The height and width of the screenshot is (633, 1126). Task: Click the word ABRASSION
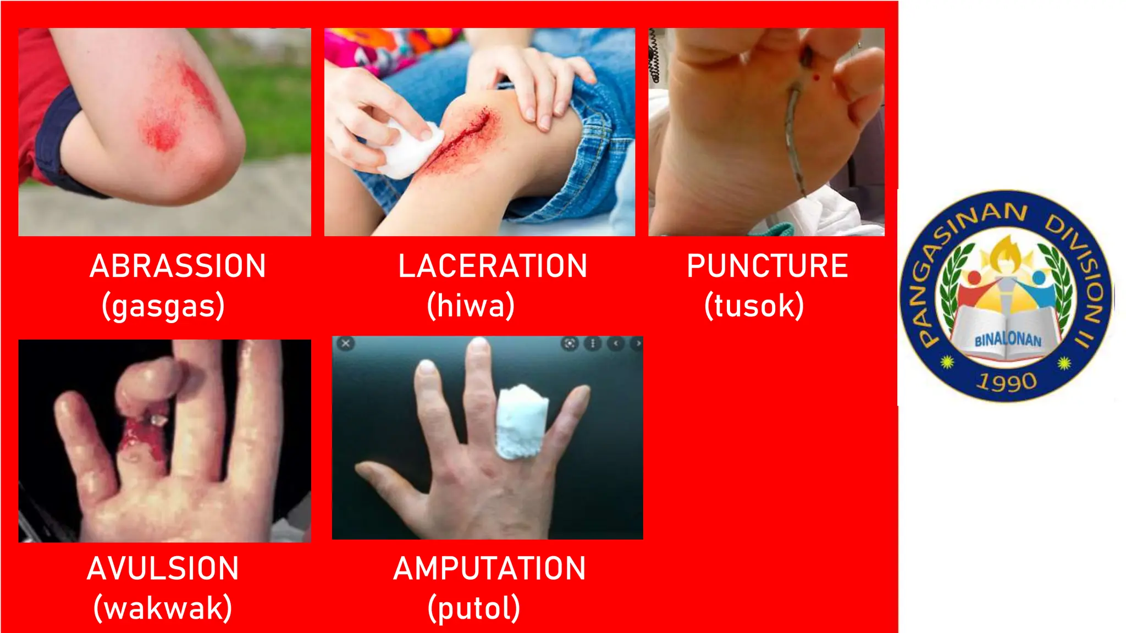coord(178,266)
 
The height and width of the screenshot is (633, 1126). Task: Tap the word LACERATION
coord(493,266)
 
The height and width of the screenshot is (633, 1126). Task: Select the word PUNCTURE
coord(767,266)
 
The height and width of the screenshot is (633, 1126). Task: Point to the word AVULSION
coord(163,569)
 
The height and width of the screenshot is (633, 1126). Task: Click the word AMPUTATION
coord(489,569)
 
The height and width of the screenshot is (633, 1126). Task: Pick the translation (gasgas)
coord(163,306)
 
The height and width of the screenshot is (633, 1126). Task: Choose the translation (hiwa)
coord(471,306)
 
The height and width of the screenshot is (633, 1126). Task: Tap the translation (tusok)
coord(754,306)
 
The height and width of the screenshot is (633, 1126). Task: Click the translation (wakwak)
coord(163,608)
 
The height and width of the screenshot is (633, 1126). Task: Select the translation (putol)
coord(474,608)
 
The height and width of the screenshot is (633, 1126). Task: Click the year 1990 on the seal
coord(1006,381)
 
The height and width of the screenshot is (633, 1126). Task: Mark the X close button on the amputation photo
coord(345,343)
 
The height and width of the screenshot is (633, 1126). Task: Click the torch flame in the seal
coord(1006,255)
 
